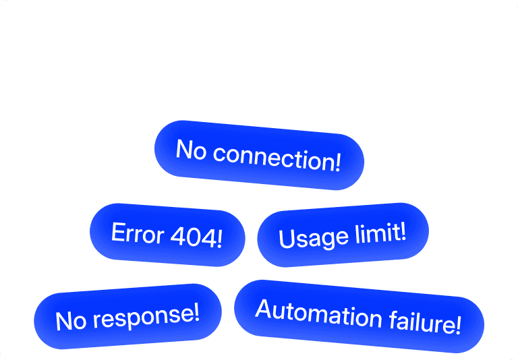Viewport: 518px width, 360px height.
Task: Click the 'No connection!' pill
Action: pyautogui.click(x=259, y=155)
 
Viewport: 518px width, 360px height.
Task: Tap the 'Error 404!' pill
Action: pyautogui.click(x=167, y=235)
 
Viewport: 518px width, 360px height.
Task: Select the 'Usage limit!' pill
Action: pyautogui.click(x=343, y=235)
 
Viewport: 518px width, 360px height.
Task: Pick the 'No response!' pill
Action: pyautogui.click(x=127, y=316)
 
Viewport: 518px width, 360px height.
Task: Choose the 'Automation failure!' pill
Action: pyautogui.click(x=359, y=316)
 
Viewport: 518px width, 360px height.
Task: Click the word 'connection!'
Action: pyautogui.click(x=277, y=157)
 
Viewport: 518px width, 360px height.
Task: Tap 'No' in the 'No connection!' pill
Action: pyautogui.click(x=190, y=149)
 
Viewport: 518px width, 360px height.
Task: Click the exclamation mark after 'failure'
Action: pyautogui.click(x=459, y=325)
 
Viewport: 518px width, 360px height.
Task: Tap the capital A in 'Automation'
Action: pyautogui.click(x=264, y=308)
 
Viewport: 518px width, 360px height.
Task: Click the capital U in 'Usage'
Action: pyautogui.click(x=286, y=239)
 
